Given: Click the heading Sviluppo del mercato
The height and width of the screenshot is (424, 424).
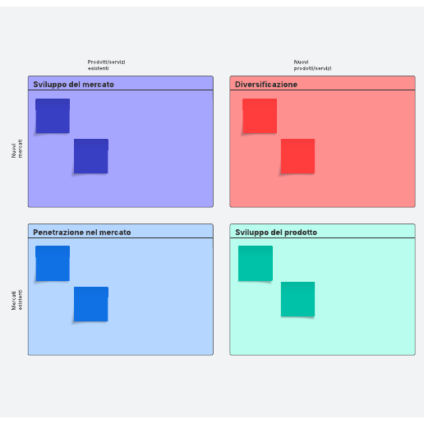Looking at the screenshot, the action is coord(73,85).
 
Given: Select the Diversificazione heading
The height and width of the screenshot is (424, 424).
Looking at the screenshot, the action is coord(266,85).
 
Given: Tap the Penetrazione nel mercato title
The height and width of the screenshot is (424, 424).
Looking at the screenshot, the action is coord(82,233).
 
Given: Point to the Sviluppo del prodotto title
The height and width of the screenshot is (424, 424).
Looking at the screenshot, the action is coord(276,233).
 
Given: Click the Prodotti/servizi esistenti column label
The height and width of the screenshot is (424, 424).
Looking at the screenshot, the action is coord(106,65).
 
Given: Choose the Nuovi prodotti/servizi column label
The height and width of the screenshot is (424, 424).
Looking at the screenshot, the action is coord(312,65).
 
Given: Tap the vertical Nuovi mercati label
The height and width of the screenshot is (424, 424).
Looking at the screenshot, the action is coord(17,149).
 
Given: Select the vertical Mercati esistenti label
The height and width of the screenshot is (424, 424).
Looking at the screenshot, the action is coord(17,300).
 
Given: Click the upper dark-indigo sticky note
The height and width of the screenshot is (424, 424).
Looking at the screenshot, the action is coord(53,116).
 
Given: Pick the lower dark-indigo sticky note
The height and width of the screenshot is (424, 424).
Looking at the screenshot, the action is coord(91,156).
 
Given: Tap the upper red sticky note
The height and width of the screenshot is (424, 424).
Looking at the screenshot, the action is coord(260,116).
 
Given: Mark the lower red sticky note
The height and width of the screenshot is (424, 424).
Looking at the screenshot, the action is coord(297,156).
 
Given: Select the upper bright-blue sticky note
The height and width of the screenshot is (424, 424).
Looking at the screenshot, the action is coord(53,263).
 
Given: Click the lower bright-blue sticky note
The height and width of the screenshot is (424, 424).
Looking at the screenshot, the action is coord(91,304).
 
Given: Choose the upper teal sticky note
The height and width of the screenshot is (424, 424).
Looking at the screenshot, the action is coord(256,263).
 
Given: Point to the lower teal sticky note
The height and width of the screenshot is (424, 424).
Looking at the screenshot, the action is coord(297,299).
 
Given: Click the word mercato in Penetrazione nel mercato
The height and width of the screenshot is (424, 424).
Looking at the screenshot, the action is coord(115,233).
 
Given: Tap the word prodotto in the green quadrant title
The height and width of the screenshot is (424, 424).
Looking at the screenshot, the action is coord(301,233).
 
